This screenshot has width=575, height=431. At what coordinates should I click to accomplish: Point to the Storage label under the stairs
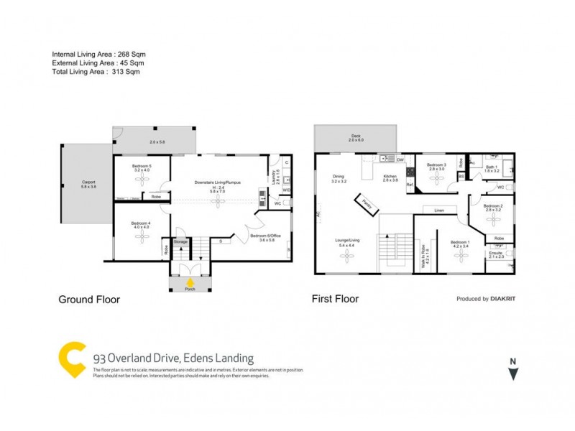click(180, 242)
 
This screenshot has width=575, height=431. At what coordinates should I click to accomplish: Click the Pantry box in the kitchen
click(369, 203)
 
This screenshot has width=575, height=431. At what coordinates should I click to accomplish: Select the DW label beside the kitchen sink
click(400, 159)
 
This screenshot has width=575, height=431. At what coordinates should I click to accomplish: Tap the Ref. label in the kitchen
click(410, 185)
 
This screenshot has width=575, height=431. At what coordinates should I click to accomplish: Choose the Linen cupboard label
click(438, 210)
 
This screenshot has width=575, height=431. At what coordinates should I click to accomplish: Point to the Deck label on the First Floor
click(356, 137)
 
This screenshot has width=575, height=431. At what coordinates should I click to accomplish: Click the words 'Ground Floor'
click(88, 299)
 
